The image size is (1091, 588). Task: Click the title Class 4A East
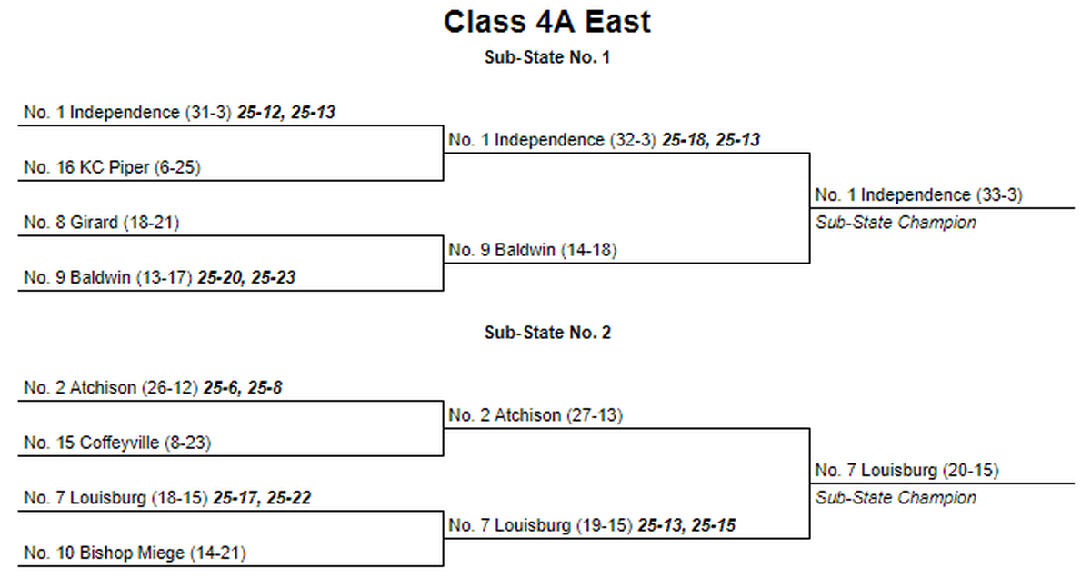point(547,22)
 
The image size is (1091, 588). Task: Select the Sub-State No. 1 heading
point(547,57)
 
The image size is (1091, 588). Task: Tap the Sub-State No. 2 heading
point(547,333)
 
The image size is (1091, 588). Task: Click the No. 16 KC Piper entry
point(112,167)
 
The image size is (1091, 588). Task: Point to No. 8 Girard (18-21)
point(101,223)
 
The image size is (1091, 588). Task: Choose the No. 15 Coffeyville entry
point(117,443)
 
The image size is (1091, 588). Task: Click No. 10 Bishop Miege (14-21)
point(135,553)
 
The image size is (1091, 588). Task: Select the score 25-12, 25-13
point(286,113)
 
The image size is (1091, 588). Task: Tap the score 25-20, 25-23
point(246,277)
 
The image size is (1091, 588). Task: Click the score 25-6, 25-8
point(243,388)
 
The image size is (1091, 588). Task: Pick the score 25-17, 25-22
point(262,498)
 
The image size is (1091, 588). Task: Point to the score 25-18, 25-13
point(711,140)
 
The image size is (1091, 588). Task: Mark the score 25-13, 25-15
point(686,525)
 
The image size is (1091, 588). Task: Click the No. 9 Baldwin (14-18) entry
point(533,250)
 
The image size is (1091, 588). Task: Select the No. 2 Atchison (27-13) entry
point(535,415)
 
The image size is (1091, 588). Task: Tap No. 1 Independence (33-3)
point(918,195)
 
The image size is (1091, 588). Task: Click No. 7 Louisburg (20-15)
point(907,470)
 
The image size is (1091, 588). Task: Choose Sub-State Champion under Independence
point(896,223)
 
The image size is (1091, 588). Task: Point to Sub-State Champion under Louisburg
point(896,498)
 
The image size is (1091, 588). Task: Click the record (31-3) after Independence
point(208,113)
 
